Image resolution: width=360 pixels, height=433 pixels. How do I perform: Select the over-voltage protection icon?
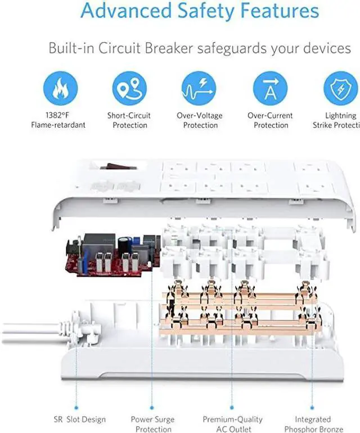pos(199,88)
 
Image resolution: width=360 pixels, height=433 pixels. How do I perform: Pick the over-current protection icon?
pos(270,88)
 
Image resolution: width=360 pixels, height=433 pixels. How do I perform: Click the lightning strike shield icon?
pos(340,88)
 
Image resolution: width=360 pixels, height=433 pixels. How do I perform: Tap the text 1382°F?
pos(58,116)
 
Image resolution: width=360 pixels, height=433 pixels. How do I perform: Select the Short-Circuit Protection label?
pos(129,120)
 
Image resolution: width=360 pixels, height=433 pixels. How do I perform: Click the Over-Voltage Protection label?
pos(200,120)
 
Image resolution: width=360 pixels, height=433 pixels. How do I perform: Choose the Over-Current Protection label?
pos(270,120)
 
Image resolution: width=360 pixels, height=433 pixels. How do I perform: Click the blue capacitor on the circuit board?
pos(130,242)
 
